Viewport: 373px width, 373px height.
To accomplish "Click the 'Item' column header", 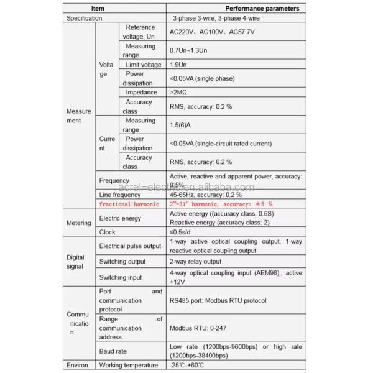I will coord(98,9).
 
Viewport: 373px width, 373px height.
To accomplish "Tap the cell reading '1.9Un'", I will coord(179,65).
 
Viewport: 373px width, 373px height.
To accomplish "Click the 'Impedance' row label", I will coord(140,93).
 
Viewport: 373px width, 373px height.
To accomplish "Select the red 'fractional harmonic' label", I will coord(130,203).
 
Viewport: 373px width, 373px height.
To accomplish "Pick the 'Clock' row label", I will coord(108,232).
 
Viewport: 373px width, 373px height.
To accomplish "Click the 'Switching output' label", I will coord(124,261).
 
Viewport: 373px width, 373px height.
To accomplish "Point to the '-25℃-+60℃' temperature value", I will coord(186,365).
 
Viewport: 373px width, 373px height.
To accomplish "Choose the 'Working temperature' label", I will coord(129,365).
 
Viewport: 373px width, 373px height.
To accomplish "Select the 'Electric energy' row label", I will coord(121,218).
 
